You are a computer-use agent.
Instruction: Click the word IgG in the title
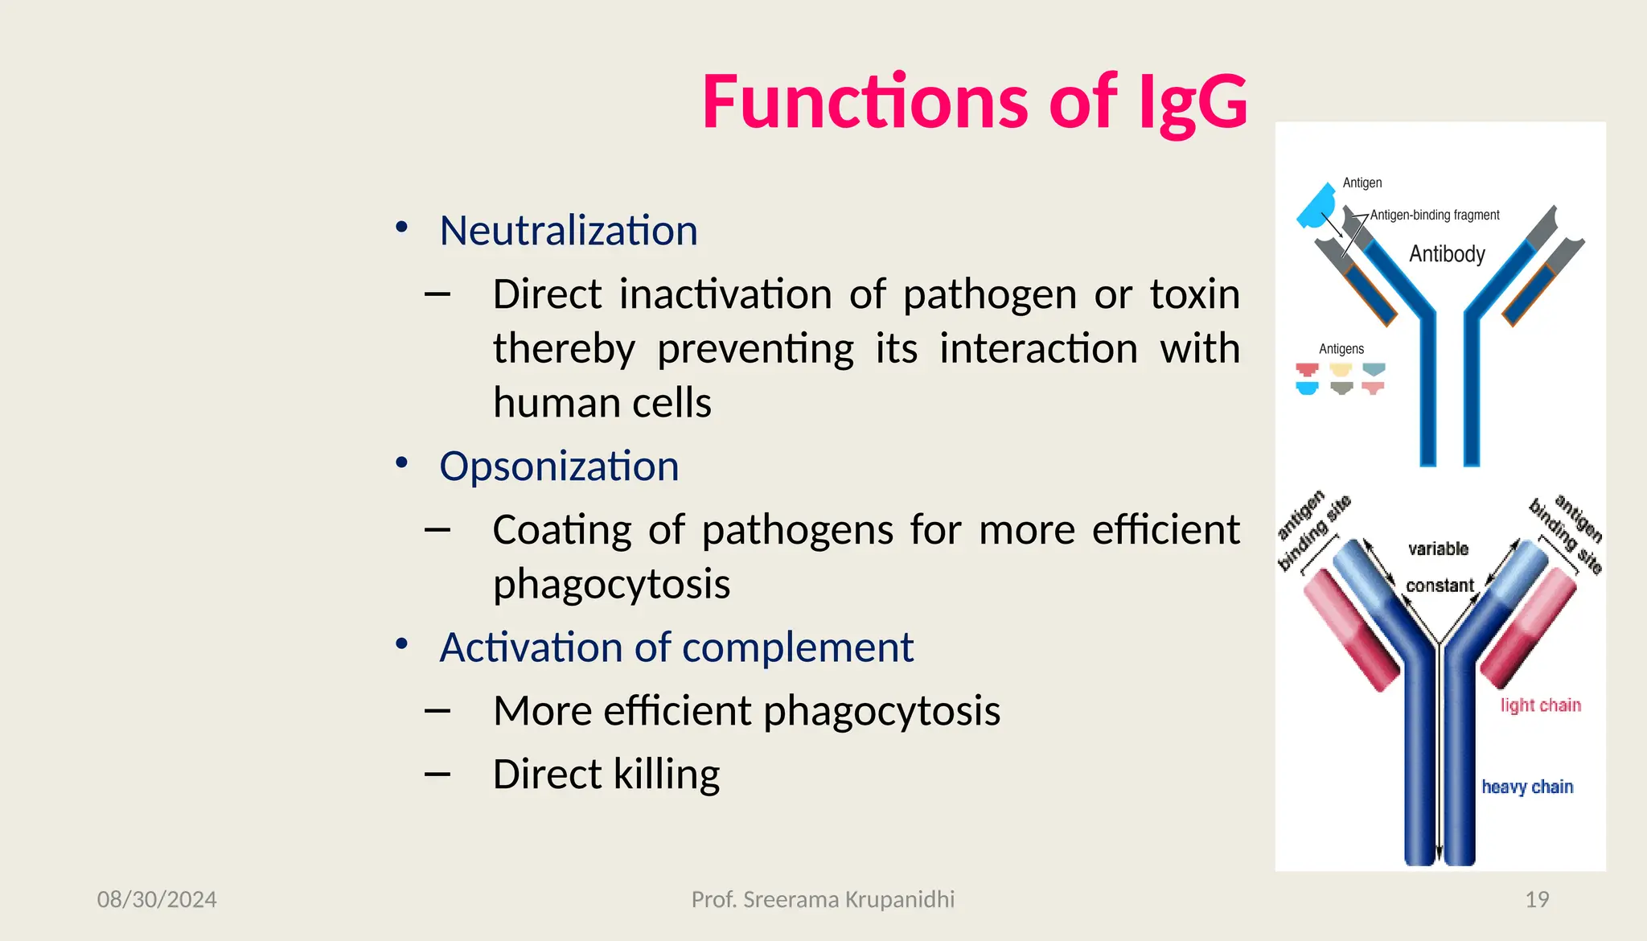[x=1193, y=102]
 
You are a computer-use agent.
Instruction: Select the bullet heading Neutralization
[x=569, y=231]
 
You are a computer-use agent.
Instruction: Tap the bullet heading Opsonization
[x=559, y=466]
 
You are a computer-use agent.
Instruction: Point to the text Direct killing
[x=606, y=774]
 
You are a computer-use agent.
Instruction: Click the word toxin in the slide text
[x=1194, y=294]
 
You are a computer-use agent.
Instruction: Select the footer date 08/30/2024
[x=157, y=899]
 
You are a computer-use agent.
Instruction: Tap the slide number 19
[x=1537, y=899]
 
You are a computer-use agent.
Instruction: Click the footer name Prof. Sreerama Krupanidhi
[x=823, y=899]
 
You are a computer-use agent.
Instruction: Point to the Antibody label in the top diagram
[x=1447, y=254]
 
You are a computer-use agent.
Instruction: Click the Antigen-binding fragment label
[x=1435, y=216]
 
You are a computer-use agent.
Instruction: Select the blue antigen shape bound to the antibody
[x=1316, y=208]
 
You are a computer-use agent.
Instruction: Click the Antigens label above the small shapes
[x=1341, y=349]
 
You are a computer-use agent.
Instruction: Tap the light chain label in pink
[x=1540, y=705]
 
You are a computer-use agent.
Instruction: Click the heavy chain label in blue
[x=1527, y=787]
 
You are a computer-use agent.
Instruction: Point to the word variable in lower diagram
[x=1438, y=549]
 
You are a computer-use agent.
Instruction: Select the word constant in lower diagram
[x=1440, y=586]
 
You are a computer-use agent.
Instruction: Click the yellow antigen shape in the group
[x=1341, y=370]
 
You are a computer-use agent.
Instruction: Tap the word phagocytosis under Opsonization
[x=611, y=585]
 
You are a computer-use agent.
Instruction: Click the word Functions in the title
[x=865, y=102]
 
